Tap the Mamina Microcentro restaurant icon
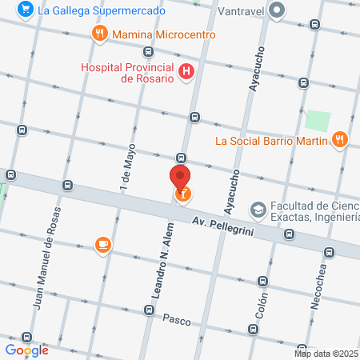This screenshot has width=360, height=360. click(x=99, y=34)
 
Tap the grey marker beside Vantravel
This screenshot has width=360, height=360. click(x=278, y=10)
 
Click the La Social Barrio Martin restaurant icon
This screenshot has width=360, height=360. click(x=339, y=140)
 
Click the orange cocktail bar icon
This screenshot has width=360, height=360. click(x=182, y=194)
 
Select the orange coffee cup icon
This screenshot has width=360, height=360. click(x=102, y=245)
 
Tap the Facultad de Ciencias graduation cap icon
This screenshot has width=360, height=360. click(x=258, y=209)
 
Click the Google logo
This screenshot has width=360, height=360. click(x=27, y=350)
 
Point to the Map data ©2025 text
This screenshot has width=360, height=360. click(x=326, y=354)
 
